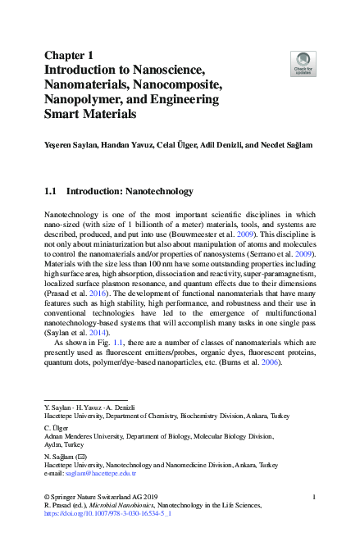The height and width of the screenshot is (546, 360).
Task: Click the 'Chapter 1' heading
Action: tap(70, 56)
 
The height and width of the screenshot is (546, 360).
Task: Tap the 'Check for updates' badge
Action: tap(303, 62)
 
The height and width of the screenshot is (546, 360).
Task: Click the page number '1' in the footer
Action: tap(315, 498)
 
